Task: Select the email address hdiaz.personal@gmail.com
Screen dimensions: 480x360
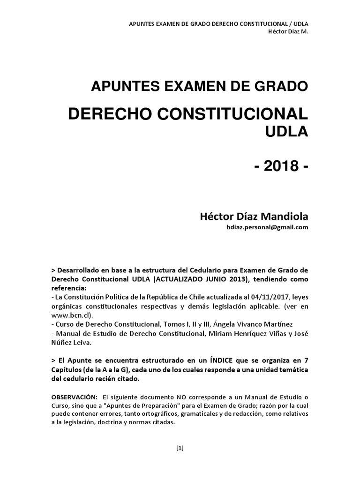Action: point(267,227)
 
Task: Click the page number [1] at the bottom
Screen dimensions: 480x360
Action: point(180,448)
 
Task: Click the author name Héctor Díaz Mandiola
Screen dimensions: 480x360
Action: point(254,217)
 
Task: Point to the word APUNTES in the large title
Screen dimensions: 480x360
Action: point(118,86)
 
